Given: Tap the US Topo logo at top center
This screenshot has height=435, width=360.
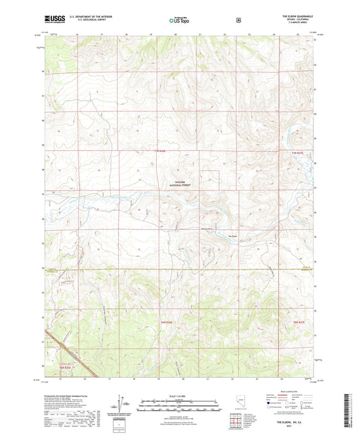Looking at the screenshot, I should point(179,20).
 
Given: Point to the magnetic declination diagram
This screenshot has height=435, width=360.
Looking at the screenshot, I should point(121,405).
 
